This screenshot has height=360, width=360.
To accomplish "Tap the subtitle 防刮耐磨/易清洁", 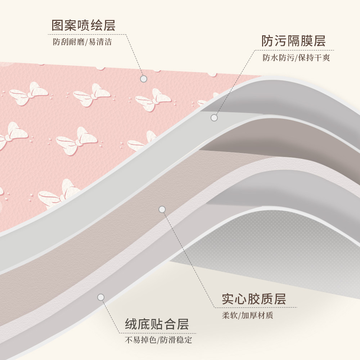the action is pos(82,42).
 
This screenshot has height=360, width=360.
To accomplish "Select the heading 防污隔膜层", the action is pos(293,41).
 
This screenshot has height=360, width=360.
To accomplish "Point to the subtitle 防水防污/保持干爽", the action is pos(296,58).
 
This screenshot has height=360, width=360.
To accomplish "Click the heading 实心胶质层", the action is pos(254,299).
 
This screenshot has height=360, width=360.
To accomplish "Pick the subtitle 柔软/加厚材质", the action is pos(248,316).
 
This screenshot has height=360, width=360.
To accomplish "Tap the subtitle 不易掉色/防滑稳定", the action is pos(158,340).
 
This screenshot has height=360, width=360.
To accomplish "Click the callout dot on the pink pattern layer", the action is pos(144,79).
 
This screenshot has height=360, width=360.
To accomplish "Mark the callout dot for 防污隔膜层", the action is pos(214,118).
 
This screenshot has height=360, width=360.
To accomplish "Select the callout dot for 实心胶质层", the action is pos(162,209).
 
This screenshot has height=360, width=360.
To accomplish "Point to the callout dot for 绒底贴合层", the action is pos(101,297).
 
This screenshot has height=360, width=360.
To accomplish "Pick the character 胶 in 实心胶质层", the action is pos(254,299).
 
